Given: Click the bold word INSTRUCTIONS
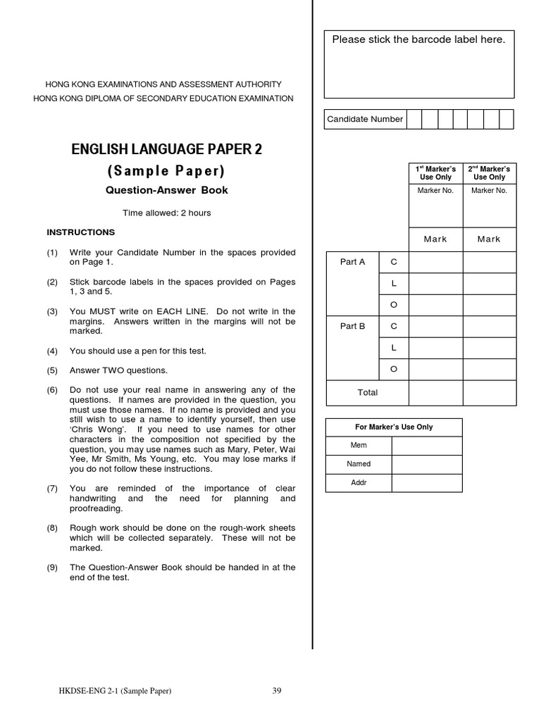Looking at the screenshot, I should (x=80, y=232).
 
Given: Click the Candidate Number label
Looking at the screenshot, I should (x=365, y=119).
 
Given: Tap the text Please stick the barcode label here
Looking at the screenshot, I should (x=418, y=40).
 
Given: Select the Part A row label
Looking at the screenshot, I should (x=352, y=262).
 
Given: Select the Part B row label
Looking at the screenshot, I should (x=352, y=327).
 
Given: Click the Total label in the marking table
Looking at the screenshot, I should (x=367, y=392).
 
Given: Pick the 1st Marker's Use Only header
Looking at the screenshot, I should (x=435, y=173).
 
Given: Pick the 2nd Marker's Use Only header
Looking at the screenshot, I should (x=489, y=173).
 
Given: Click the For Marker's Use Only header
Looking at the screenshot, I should (x=394, y=427).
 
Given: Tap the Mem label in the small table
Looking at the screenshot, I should (x=359, y=446).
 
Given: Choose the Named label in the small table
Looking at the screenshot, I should (x=359, y=464).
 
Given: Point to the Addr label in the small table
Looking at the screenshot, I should (x=359, y=483).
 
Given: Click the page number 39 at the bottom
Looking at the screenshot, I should (x=277, y=691).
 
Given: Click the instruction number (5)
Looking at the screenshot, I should (x=52, y=370).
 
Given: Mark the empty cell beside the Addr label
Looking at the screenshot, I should (x=426, y=483).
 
